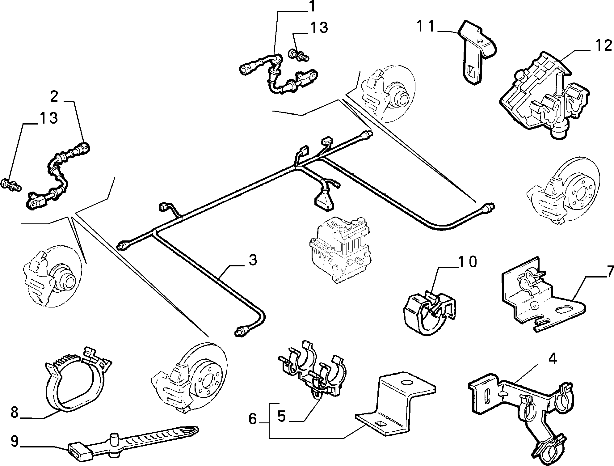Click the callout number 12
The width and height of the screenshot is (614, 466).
[603, 46]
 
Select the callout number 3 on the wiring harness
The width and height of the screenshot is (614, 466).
[253, 260]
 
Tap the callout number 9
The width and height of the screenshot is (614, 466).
[15, 441]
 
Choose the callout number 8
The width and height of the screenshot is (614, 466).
[15, 412]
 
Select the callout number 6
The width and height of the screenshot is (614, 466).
[253, 419]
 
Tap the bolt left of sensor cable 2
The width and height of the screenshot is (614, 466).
[12, 185]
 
